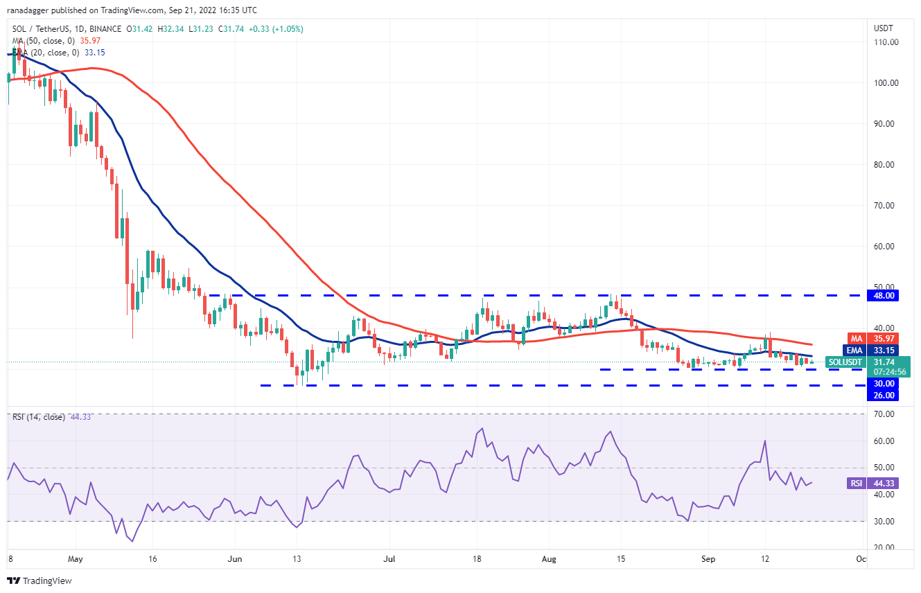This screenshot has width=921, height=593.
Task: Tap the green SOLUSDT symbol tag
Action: (845, 362)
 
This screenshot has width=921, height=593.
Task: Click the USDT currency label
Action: (884, 28)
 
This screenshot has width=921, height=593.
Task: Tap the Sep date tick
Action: (708, 558)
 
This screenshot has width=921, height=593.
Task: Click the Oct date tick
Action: (861, 558)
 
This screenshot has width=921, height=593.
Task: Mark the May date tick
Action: (76, 558)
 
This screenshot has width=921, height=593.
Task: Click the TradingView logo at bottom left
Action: (40, 581)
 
